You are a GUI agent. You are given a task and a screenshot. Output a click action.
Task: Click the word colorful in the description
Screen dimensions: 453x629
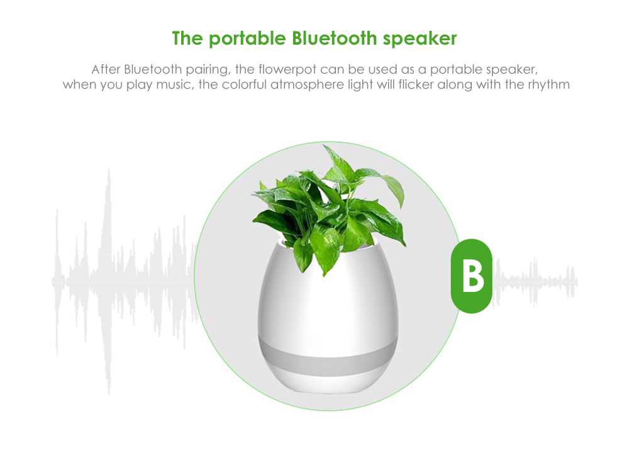point(245,84)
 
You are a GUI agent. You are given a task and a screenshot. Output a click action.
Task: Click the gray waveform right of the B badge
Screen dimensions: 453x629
point(535,281)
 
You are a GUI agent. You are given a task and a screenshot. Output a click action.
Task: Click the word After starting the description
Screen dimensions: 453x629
point(106,69)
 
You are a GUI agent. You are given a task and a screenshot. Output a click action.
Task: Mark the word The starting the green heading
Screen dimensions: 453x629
point(188,38)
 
